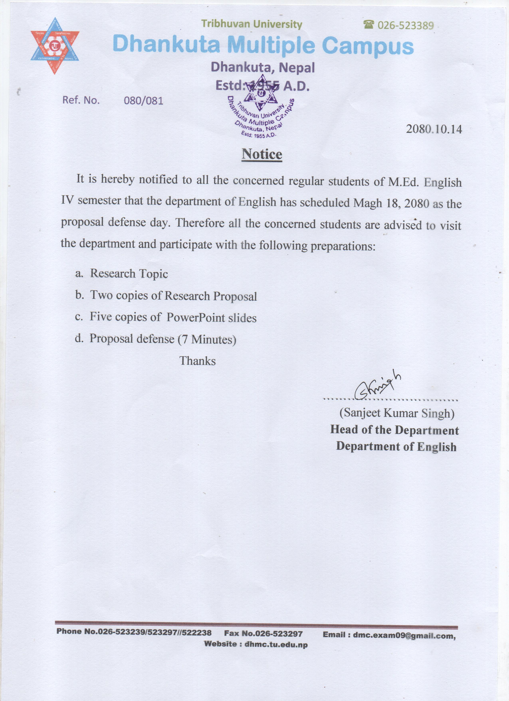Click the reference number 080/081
(x=143, y=101)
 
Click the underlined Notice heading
(x=262, y=154)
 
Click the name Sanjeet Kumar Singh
(x=397, y=413)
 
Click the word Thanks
(x=197, y=361)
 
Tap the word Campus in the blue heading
(x=367, y=46)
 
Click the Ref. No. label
(x=81, y=100)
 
